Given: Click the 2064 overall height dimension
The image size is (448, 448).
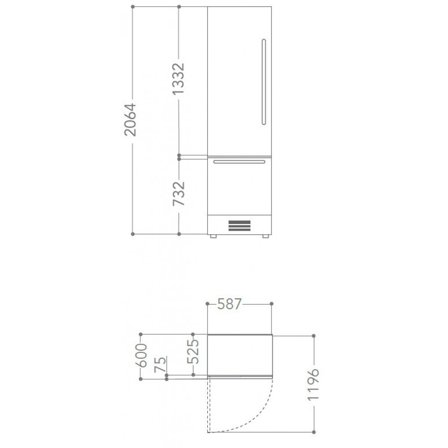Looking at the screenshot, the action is click(x=130, y=120).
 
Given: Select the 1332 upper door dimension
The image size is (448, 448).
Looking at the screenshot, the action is click(x=179, y=78).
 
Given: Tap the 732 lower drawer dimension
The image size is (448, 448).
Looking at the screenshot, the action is click(x=179, y=194).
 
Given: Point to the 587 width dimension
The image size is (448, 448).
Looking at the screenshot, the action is click(x=229, y=304).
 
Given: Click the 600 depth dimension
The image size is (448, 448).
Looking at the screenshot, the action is click(x=141, y=355).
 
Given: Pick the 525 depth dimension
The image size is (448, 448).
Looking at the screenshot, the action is click(x=193, y=351).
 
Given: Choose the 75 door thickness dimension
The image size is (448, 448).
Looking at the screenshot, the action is click(x=160, y=365).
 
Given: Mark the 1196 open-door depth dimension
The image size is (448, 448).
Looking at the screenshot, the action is click(x=314, y=384).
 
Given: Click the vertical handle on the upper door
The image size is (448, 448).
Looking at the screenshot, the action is click(x=264, y=82).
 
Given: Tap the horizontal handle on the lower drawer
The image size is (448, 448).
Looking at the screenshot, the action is click(x=239, y=162).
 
